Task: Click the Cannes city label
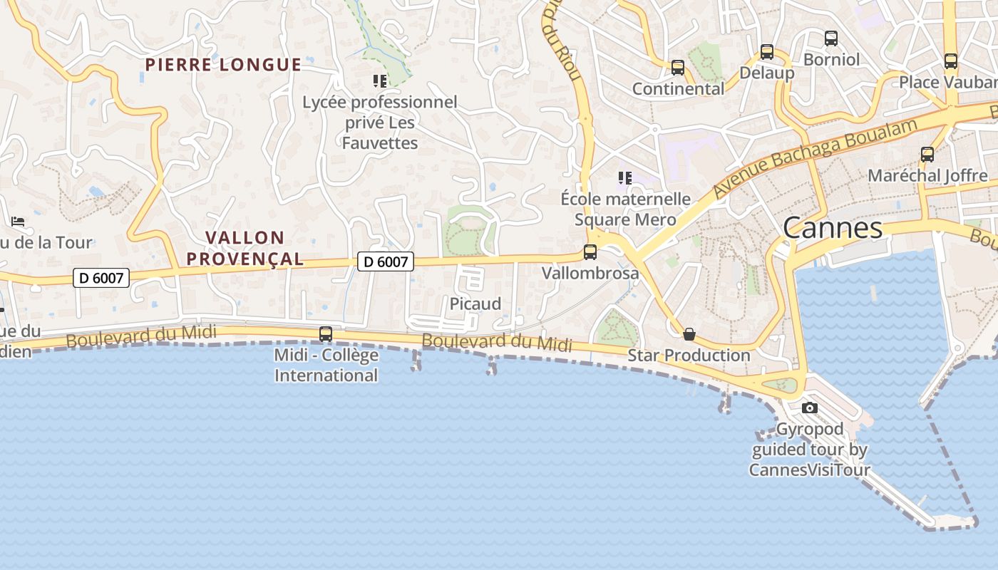pyautogui.click(x=833, y=229)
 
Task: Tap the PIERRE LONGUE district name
pyautogui.click(x=223, y=65)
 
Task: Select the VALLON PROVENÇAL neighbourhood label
pyautogui.click(x=245, y=248)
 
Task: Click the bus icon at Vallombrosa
pyautogui.click(x=590, y=252)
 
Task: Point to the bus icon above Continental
pyautogui.click(x=678, y=68)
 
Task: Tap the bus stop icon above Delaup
pyautogui.click(x=767, y=52)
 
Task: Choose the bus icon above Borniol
pyautogui.click(x=831, y=38)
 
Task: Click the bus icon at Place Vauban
pyautogui.click(x=951, y=61)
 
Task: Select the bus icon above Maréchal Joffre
pyautogui.click(x=927, y=155)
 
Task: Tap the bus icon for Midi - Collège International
pyautogui.click(x=326, y=333)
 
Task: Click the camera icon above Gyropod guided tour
pyautogui.click(x=810, y=408)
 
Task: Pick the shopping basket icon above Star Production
pyautogui.click(x=689, y=334)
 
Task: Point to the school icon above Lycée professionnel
pyautogui.click(x=380, y=81)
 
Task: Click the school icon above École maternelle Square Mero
pyautogui.click(x=625, y=177)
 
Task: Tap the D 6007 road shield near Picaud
pyautogui.click(x=386, y=261)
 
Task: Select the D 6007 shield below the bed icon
pyautogui.click(x=101, y=278)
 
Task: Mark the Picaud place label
pyautogui.click(x=475, y=304)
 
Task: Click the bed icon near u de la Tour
pyautogui.click(x=18, y=222)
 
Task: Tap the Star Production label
pyautogui.click(x=689, y=355)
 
